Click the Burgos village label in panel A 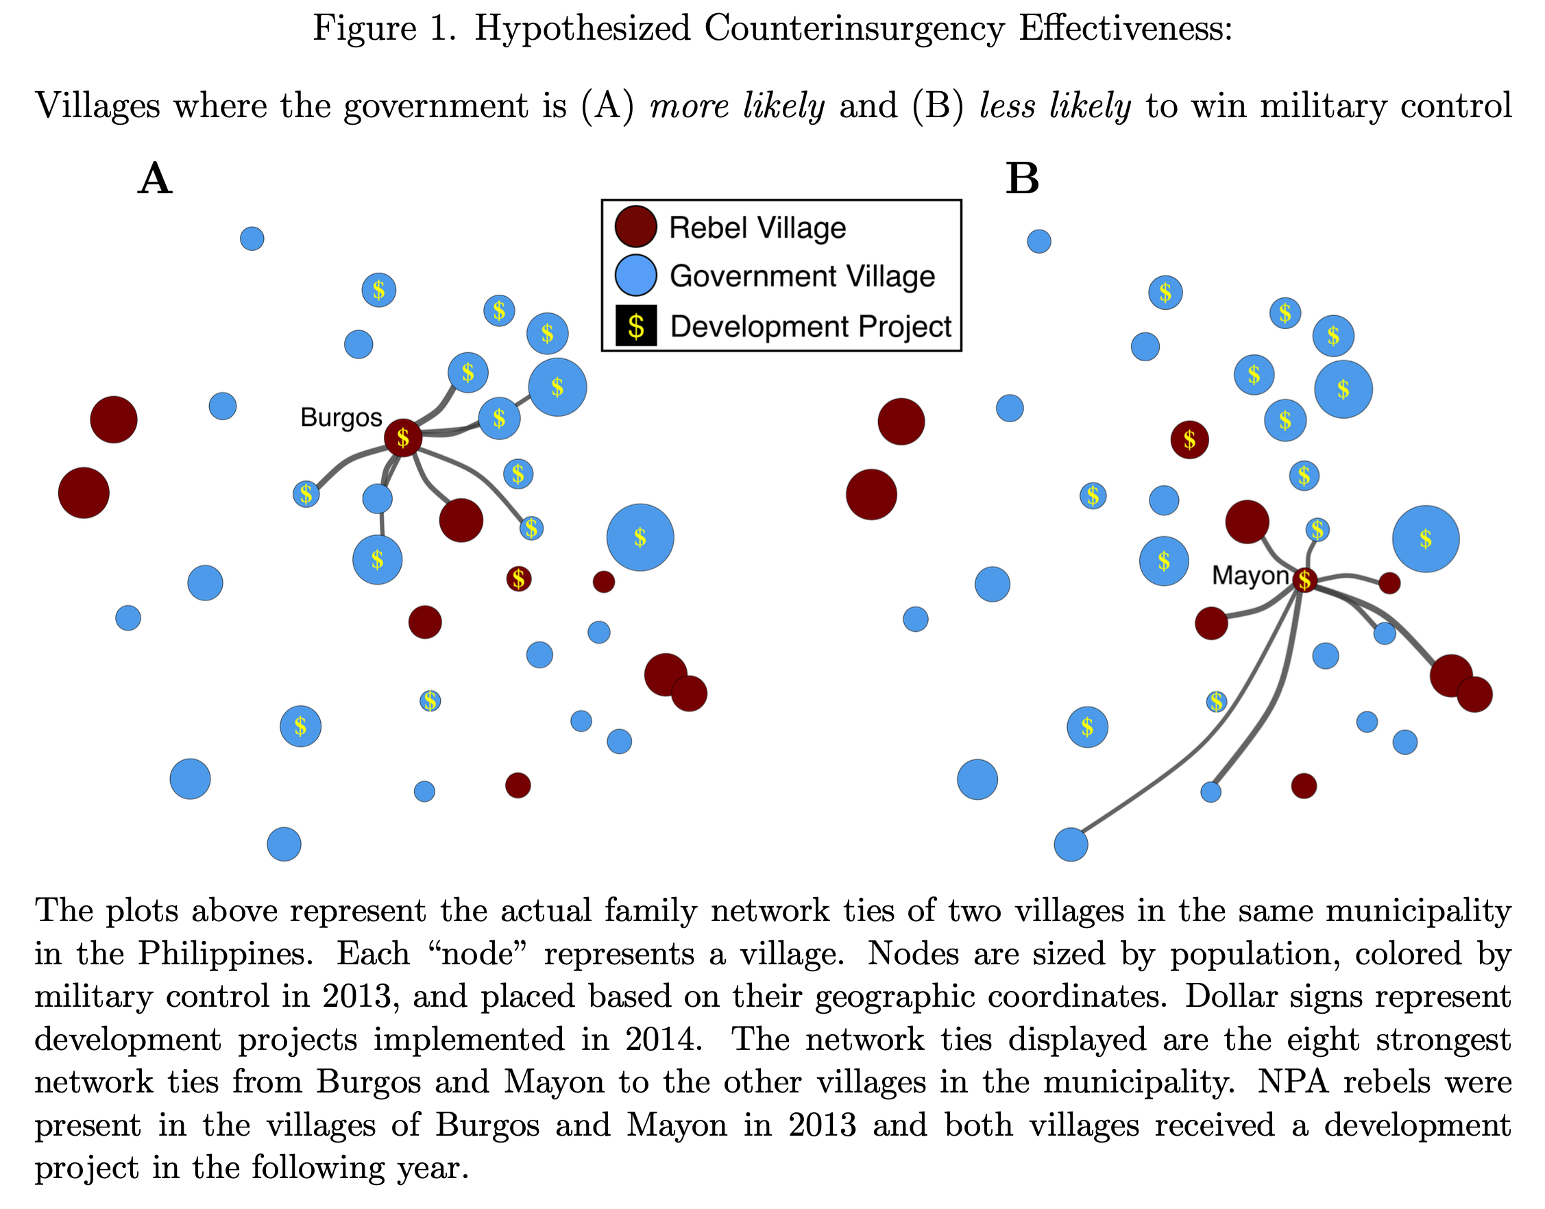(341, 417)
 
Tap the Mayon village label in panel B (1250, 576)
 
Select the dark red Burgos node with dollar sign (403, 438)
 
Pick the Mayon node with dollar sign (1304, 581)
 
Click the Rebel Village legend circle (635, 226)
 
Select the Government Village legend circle (635, 276)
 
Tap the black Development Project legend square (635, 326)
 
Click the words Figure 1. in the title (385, 29)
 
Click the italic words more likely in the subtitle (737, 106)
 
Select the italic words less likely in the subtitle (1055, 106)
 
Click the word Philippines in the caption (225, 953)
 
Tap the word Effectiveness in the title (1126, 29)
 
